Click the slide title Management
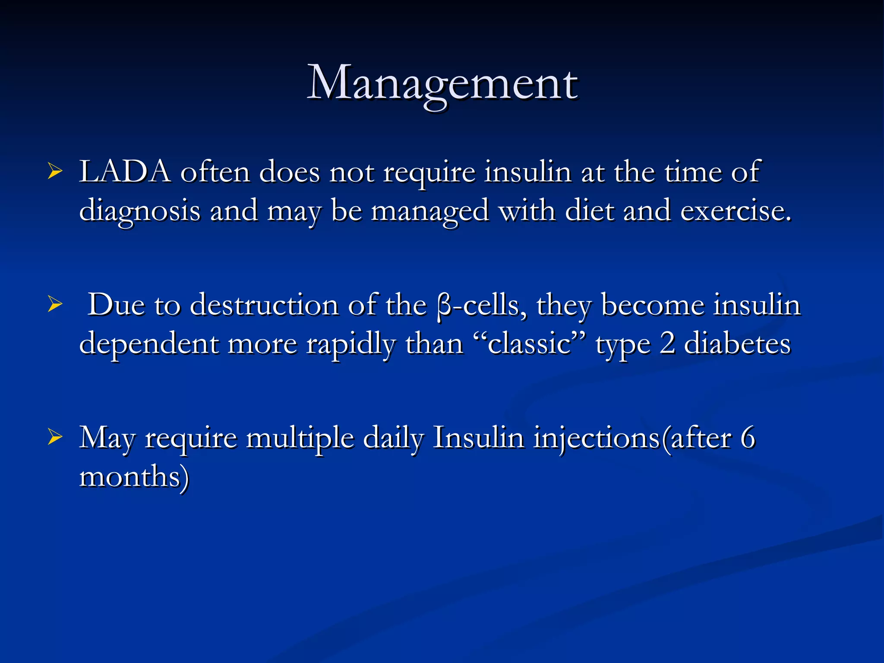pos(442,83)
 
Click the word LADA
pos(125,172)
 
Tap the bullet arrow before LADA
pos(55,172)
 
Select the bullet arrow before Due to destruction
pos(55,305)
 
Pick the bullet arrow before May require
pos(55,437)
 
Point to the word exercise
pos(736,211)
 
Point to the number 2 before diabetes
pos(667,344)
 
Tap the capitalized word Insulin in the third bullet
pos(478,438)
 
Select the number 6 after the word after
pos(748,438)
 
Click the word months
pos(134,477)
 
